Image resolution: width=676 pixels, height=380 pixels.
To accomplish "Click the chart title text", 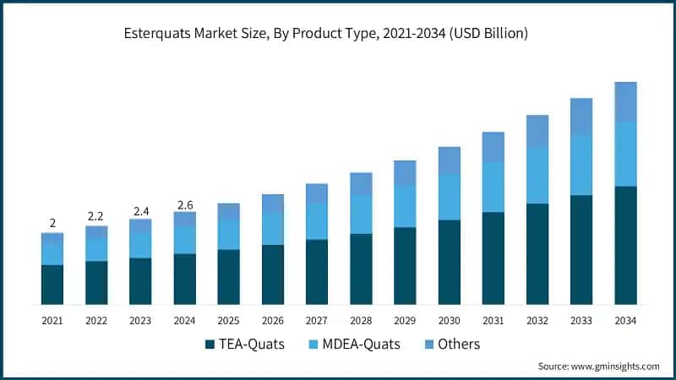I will coord(338,34).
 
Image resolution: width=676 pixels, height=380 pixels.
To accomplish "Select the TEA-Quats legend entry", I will coord(252,344).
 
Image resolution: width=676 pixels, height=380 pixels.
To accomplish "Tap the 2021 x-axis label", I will coord(52,321).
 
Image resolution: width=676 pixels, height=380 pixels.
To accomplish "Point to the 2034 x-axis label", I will coord(625,321).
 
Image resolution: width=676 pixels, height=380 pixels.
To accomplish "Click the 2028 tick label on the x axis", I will coord(361,321).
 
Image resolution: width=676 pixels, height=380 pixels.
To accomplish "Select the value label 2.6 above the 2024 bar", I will coord(184,204).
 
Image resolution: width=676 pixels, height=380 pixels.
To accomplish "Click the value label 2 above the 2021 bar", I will coord(52,223).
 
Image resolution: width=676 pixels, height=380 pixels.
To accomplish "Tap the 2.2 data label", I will coord(96,217).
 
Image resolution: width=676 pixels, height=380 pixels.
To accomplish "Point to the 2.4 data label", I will coord(140,210).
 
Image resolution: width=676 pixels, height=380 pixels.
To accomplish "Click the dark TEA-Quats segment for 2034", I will coord(625,245).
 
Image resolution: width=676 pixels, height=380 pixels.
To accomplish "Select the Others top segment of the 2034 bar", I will coord(625,101).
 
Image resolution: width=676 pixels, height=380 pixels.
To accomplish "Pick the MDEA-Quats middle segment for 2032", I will coord(537,176).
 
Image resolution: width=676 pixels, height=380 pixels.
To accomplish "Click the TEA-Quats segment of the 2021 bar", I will coord(52,285).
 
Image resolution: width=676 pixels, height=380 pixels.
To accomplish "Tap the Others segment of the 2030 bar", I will coord(450,160).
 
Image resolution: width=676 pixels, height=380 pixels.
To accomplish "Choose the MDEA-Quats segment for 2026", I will coord(273,228).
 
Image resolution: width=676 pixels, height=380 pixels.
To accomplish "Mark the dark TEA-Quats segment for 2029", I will coord(405,265).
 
